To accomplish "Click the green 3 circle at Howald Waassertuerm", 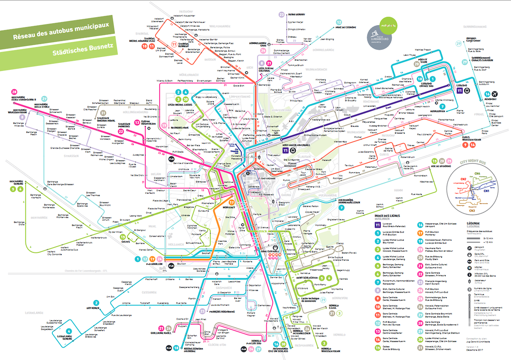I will pyautogui.click(x=324, y=343).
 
